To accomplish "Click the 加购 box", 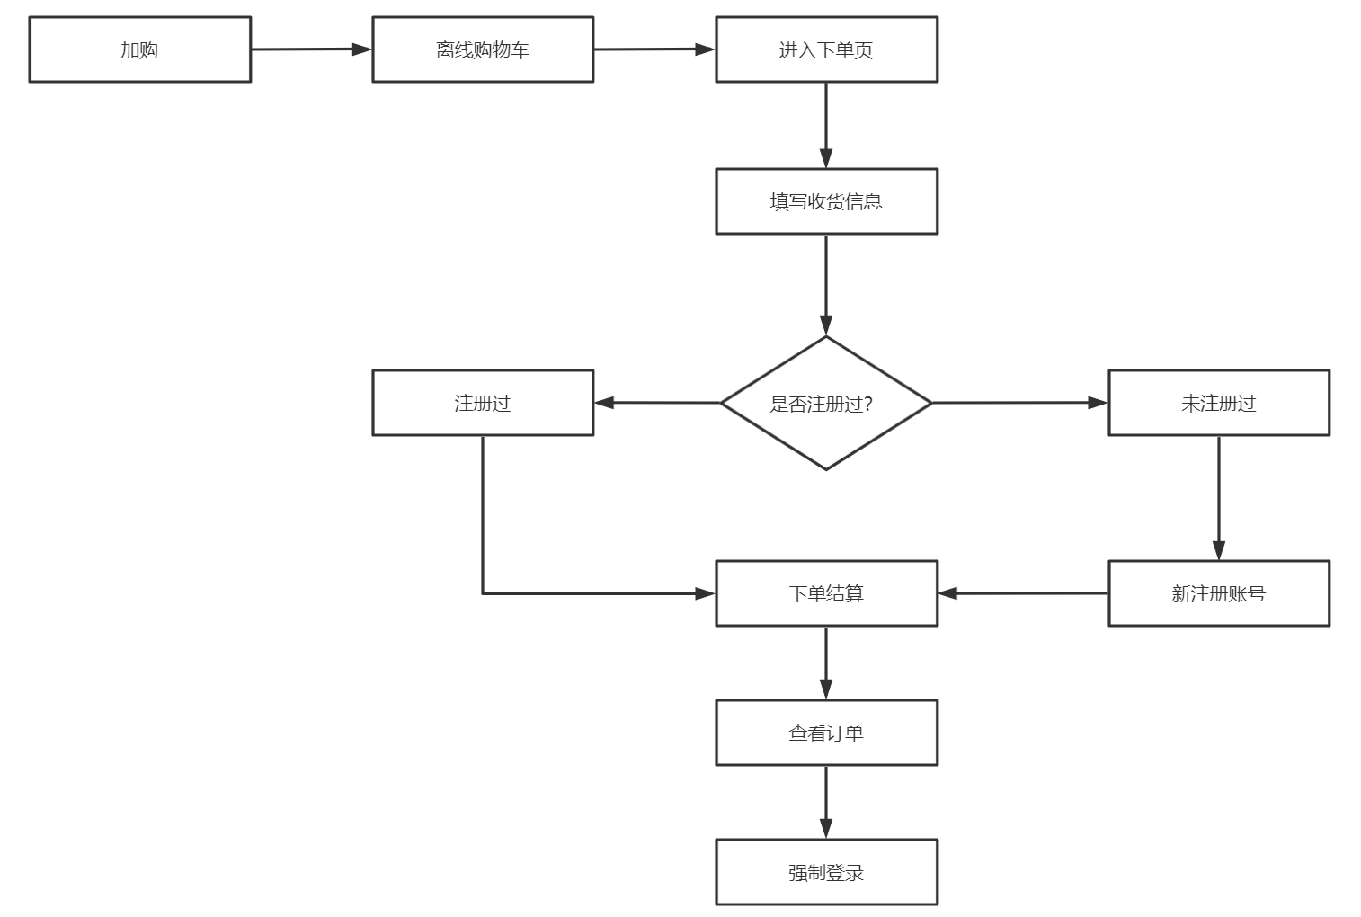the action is tap(139, 49).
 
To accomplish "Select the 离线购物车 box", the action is tap(483, 49).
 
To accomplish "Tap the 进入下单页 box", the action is tap(826, 49).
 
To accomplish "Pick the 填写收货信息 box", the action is tap(826, 201).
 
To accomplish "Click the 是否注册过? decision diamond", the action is tap(826, 403).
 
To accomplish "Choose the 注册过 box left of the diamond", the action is tap(483, 403).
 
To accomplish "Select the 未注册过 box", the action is tap(1219, 403).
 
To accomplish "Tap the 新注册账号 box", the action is tap(1219, 593).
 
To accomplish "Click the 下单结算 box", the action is tap(826, 593).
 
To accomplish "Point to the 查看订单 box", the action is tap(826, 733).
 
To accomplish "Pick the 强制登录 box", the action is tap(826, 872).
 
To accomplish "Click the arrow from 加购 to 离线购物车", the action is tap(312, 49).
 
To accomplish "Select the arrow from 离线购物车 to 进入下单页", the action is tap(655, 49).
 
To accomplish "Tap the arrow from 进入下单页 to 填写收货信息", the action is tap(826, 125).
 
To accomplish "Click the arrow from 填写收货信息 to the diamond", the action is tap(826, 285).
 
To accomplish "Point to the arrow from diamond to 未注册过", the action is tap(1020, 403).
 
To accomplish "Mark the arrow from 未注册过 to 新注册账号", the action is tap(1219, 498).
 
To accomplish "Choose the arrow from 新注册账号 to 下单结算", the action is tap(1023, 593).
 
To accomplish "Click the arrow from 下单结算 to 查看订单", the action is tap(826, 663).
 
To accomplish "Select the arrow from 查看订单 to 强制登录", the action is tap(826, 802).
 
